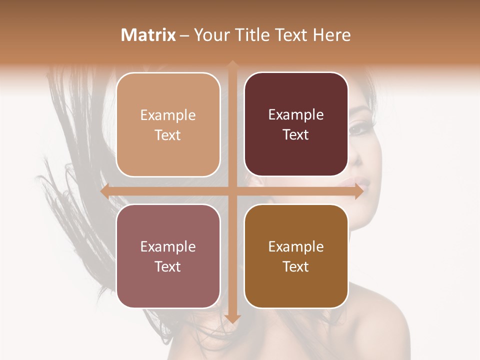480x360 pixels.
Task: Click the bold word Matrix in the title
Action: click(x=148, y=35)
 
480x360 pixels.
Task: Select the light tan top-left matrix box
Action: click(x=168, y=124)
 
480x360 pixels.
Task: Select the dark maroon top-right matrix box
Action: click(x=296, y=124)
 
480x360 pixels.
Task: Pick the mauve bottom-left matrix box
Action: click(x=168, y=256)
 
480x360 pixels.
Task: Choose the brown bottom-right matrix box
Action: click(x=296, y=256)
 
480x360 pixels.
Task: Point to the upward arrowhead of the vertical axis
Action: click(x=232, y=64)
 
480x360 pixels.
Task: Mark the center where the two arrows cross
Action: click(x=232, y=191)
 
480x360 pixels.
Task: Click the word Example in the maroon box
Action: click(x=296, y=114)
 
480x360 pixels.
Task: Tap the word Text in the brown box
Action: click(x=296, y=266)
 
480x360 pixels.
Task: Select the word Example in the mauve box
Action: click(x=168, y=246)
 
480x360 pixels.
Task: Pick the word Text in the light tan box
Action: click(x=168, y=135)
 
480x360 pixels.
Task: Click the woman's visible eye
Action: click(x=358, y=128)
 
